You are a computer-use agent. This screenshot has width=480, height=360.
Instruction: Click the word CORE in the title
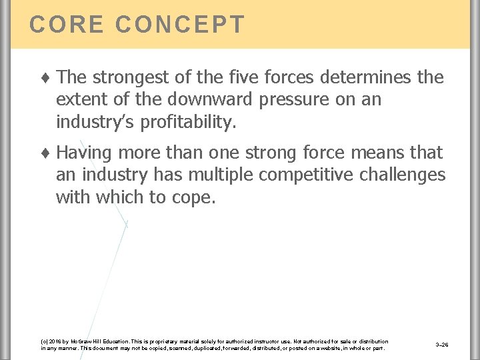point(67,25)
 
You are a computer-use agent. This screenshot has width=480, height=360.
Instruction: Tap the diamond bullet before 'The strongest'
point(46,78)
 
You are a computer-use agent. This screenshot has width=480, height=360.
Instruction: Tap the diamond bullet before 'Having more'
point(46,153)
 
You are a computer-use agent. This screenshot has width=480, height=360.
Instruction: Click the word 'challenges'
point(407,175)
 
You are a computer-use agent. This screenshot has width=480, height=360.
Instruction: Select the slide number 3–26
point(441,345)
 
